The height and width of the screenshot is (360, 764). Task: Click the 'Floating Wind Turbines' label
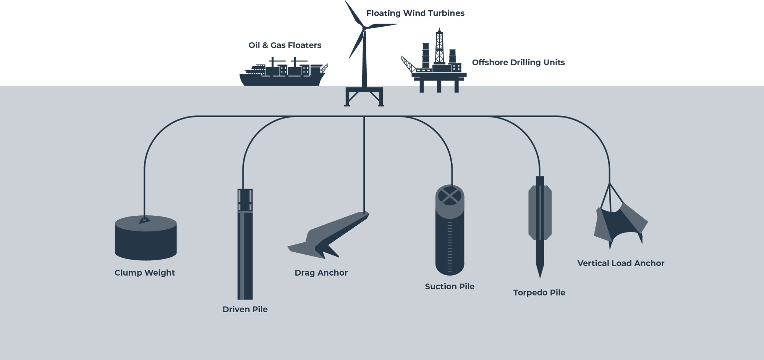pyautogui.click(x=415, y=13)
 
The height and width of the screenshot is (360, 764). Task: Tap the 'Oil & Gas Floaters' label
pyautogui.click(x=285, y=45)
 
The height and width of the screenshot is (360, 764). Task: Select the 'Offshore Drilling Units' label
pyautogui.click(x=518, y=62)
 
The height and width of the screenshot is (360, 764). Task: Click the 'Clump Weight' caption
pyautogui.click(x=145, y=273)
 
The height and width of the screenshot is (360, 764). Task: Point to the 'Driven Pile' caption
pyautogui.click(x=245, y=309)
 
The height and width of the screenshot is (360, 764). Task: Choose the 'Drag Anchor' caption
pyautogui.click(x=321, y=273)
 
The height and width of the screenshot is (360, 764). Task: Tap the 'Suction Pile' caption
pyautogui.click(x=450, y=286)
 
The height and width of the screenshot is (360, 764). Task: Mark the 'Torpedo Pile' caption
pyautogui.click(x=539, y=293)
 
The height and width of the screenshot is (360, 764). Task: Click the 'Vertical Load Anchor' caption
pyautogui.click(x=621, y=263)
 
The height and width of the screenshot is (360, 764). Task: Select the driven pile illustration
pyautogui.click(x=245, y=244)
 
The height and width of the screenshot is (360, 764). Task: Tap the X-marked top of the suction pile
pyautogui.click(x=450, y=196)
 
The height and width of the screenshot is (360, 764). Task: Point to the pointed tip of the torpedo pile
pyautogui.click(x=540, y=278)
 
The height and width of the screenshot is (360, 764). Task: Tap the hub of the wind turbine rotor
pyautogui.click(x=364, y=28)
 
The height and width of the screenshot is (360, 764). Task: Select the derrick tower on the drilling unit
pyautogui.click(x=440, y=47)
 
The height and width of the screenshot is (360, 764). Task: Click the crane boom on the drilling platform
pyautogui.click(x=408, y=65)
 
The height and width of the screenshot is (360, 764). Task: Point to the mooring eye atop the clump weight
pyautogui.click(x=144, y=220)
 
